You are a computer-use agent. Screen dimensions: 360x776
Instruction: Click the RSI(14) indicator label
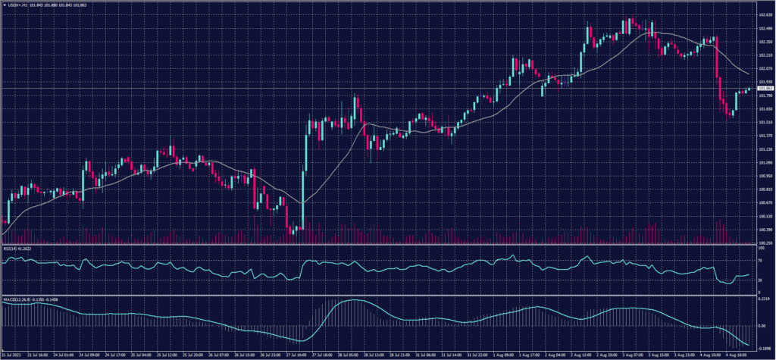click(x=17, y=247)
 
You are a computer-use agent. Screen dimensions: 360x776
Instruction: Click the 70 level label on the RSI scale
click(x=759, y=260)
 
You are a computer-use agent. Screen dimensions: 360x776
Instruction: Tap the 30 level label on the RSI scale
click(x=759, y=280)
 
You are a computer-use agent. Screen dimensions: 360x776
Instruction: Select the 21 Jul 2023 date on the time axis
click(x=11, y=353)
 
